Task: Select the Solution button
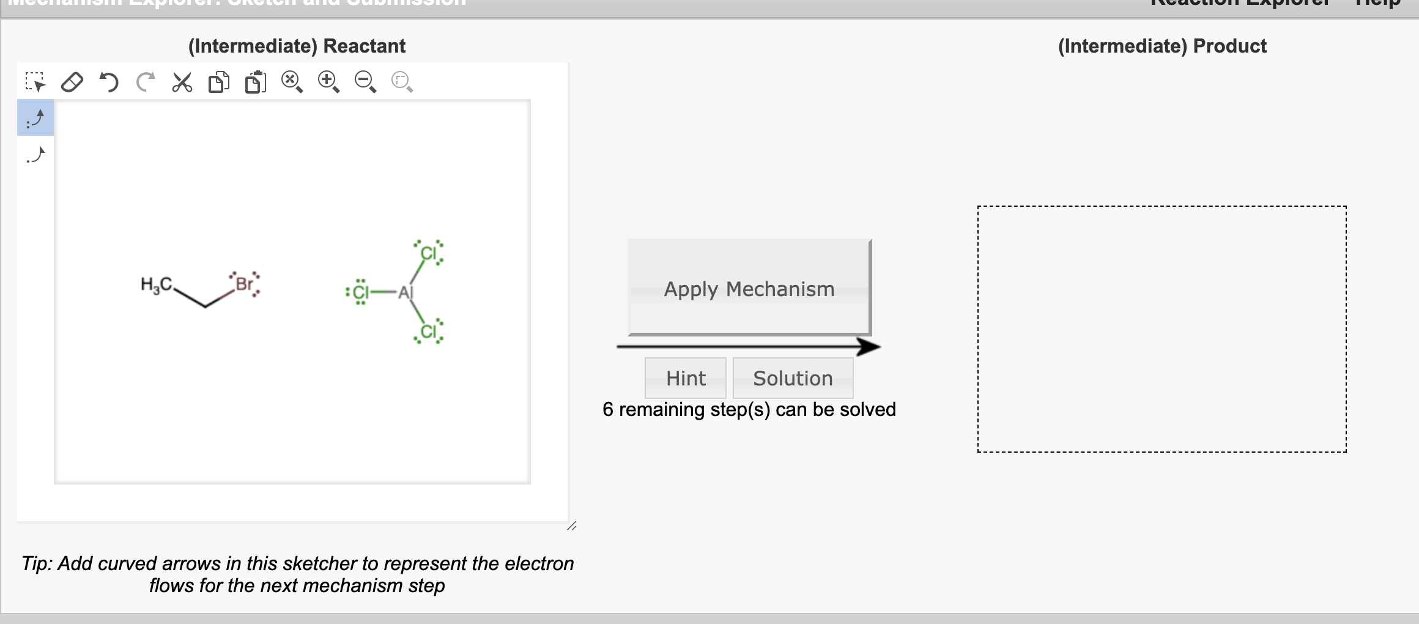click(793, 378)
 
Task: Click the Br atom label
click(244, 284)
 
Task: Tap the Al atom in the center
click(406, 292)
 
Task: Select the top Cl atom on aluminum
click(428, 253)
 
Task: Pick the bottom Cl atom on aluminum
click(429, 332)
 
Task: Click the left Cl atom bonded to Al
click(361, 292)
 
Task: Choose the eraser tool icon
click(72, 82)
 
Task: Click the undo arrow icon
click(109, 82)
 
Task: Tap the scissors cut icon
click(182, 82)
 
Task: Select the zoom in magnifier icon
click(328, 82)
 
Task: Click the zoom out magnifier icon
click(365, 82)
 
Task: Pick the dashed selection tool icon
click(35, 82)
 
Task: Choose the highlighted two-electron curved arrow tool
click(35, 118)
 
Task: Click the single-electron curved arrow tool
click(35, 155)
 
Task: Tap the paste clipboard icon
click(256, 82)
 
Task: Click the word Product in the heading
click(1229, 46)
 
